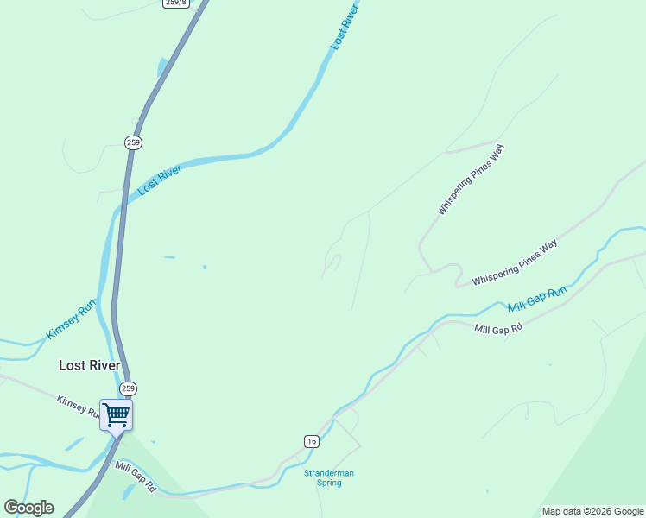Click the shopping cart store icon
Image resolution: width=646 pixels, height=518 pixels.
pos(116,414)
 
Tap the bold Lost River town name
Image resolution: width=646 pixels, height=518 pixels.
pos(89,365)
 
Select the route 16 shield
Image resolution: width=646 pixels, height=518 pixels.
pos(311,441)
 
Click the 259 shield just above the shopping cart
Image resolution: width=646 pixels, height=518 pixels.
pos(128,388)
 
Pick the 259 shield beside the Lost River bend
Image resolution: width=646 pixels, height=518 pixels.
pos(132,142)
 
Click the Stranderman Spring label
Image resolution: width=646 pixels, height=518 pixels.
pos(328,477)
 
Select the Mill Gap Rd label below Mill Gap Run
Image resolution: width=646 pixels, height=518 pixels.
pos(498,328)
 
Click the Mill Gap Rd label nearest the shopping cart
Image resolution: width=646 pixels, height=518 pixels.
pos(136,476)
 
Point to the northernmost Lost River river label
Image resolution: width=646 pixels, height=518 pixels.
pos(343,26)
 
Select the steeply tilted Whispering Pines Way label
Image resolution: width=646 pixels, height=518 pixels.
pos(470,180)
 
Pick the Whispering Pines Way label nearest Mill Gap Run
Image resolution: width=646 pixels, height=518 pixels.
pos(514,263)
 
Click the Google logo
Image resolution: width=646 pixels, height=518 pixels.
pos(28,508)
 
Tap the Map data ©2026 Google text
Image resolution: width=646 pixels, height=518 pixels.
pos(592,511)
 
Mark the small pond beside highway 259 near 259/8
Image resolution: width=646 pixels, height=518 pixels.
pos(161,67)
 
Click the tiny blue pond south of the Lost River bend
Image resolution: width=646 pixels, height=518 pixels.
pos(205,267)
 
